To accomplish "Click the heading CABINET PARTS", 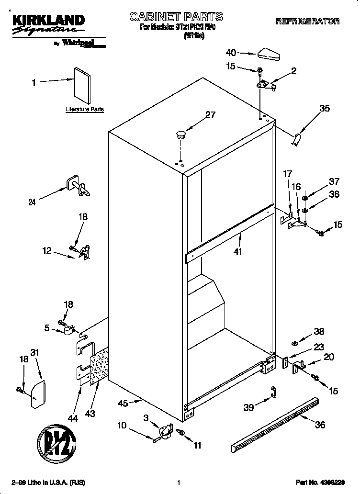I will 176,17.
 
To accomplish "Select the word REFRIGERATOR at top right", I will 307,22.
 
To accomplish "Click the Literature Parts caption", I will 85,109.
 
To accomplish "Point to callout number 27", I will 210,115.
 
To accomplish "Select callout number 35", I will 324,109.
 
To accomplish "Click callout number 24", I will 32,202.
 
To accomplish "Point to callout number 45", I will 123,403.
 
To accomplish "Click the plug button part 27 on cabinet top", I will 181,134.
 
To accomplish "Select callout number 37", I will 334,181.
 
